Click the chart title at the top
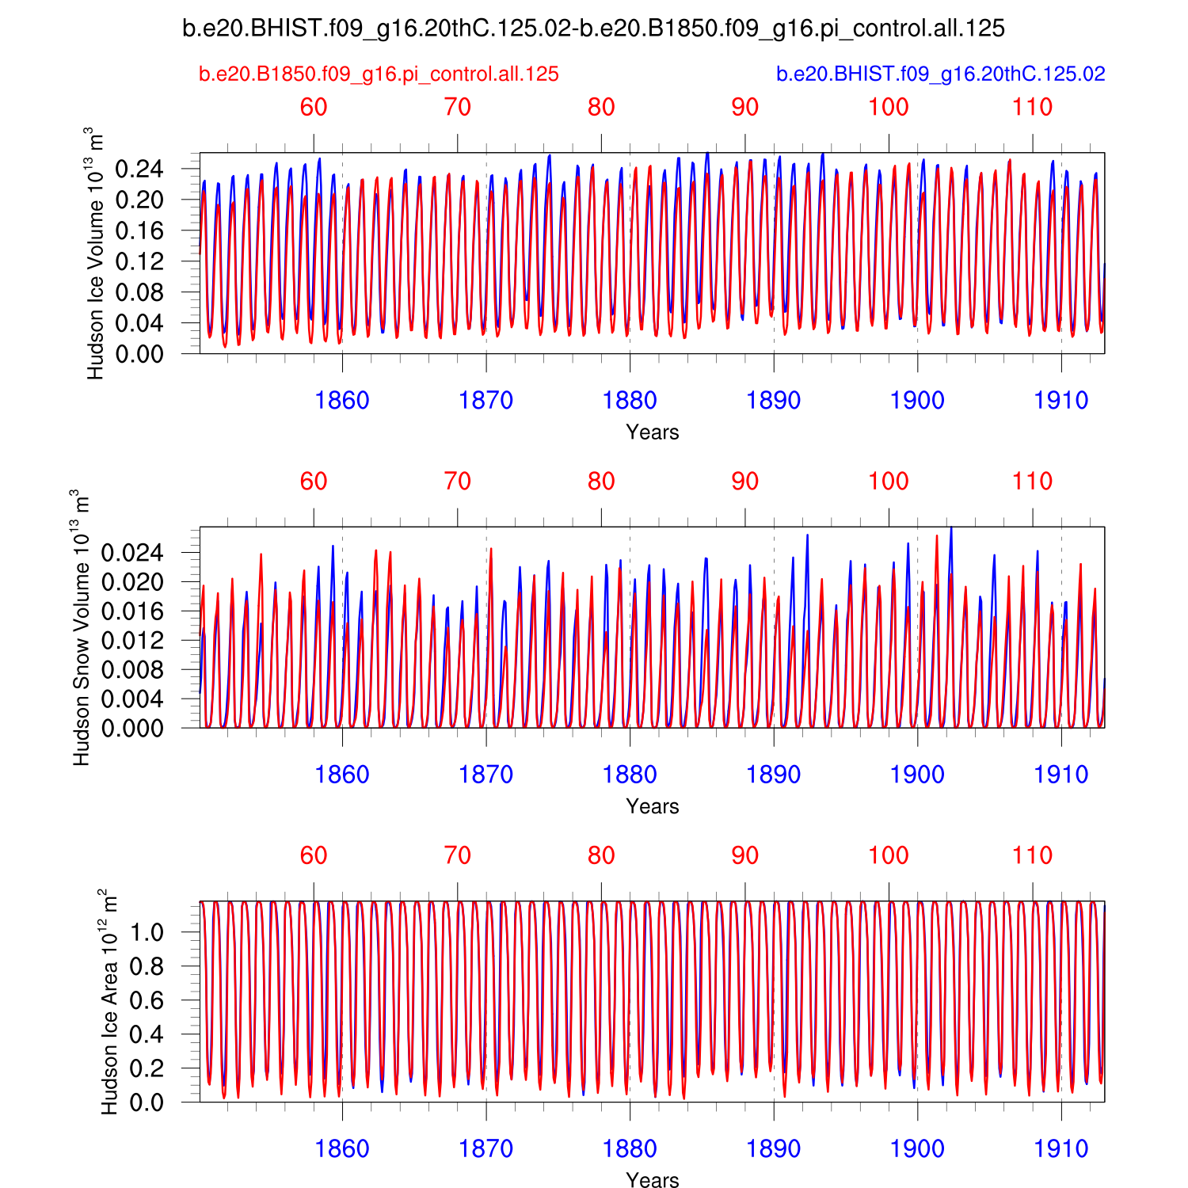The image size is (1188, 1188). tap(593, 29)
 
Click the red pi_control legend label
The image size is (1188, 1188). tap(379, 74)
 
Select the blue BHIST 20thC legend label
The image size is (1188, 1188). tap(940, 74)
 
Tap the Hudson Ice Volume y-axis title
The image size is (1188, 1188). tap(96, 253)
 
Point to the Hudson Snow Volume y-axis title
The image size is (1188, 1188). tap(81, 627)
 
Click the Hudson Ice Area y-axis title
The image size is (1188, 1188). tap(109, 1001)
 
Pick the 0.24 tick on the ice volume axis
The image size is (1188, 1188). tap(139, 169)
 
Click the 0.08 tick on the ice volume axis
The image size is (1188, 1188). tap(139, 292)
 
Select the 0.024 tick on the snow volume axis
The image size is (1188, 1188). tap(131, 553)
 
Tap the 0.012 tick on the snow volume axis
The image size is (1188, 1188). tap(131, 641)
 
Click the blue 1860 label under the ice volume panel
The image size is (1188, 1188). tap(342, 401)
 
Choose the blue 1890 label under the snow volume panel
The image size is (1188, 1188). tap(773, 775)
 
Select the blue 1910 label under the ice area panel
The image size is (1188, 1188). tap(1061, 1148)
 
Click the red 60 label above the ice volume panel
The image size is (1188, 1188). tap(314, 108)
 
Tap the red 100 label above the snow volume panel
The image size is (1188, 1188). tap(889, 482)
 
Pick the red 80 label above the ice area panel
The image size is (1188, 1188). tap(601, 855)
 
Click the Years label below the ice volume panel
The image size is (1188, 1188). tap(652, 432)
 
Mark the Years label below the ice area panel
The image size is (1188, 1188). tap(652, 1180)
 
